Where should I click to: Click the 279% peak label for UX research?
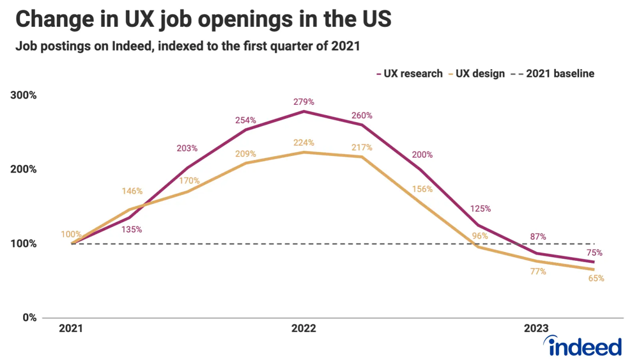(304, 102)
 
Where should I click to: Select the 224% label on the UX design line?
(304, 143)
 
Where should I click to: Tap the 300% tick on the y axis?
(24, 95)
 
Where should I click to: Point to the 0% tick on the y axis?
(29, 318)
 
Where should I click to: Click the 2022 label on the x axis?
(304, 329)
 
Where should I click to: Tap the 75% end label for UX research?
(595, 253)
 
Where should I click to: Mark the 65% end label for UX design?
(595, 278)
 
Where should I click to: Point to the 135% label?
(132, 229)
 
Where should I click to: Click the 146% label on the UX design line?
(132, 191)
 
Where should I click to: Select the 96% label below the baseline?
(479, 235)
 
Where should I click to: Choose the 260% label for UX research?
(362, 116)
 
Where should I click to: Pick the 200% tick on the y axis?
(24, 169)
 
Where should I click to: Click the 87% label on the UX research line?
(537, 237)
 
